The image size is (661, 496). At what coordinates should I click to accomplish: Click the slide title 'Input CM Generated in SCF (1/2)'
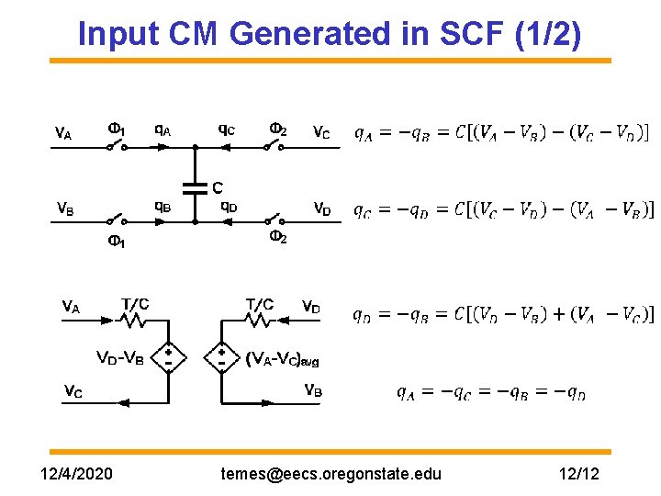click(x=330, y=34)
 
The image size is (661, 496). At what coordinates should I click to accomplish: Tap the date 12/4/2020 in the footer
click(x=78, y=474)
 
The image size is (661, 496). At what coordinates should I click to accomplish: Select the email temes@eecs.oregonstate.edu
click(x=331, y=474)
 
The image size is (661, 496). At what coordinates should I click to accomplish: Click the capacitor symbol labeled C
click(x=195, y=187)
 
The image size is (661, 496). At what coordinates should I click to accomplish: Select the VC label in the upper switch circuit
click(x=321, y=133)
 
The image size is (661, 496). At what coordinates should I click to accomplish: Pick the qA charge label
click(x=162, y=130)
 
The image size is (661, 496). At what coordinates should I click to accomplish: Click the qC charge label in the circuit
click(x=226, y=130)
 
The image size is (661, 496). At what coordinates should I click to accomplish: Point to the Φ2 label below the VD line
click(x=278, y=238)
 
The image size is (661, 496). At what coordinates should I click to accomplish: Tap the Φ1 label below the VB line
click(x=117, y=242)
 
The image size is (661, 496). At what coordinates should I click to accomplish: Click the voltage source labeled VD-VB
click(x=169, y=357)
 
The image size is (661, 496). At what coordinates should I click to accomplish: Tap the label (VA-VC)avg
click(x=283, y=359)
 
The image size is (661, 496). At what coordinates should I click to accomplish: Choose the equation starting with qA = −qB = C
click(x=502, y=133)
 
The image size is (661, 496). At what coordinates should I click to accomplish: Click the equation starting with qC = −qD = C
click(x=504, y=209)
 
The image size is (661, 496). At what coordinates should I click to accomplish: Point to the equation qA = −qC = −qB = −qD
click(x=491, y=393)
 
